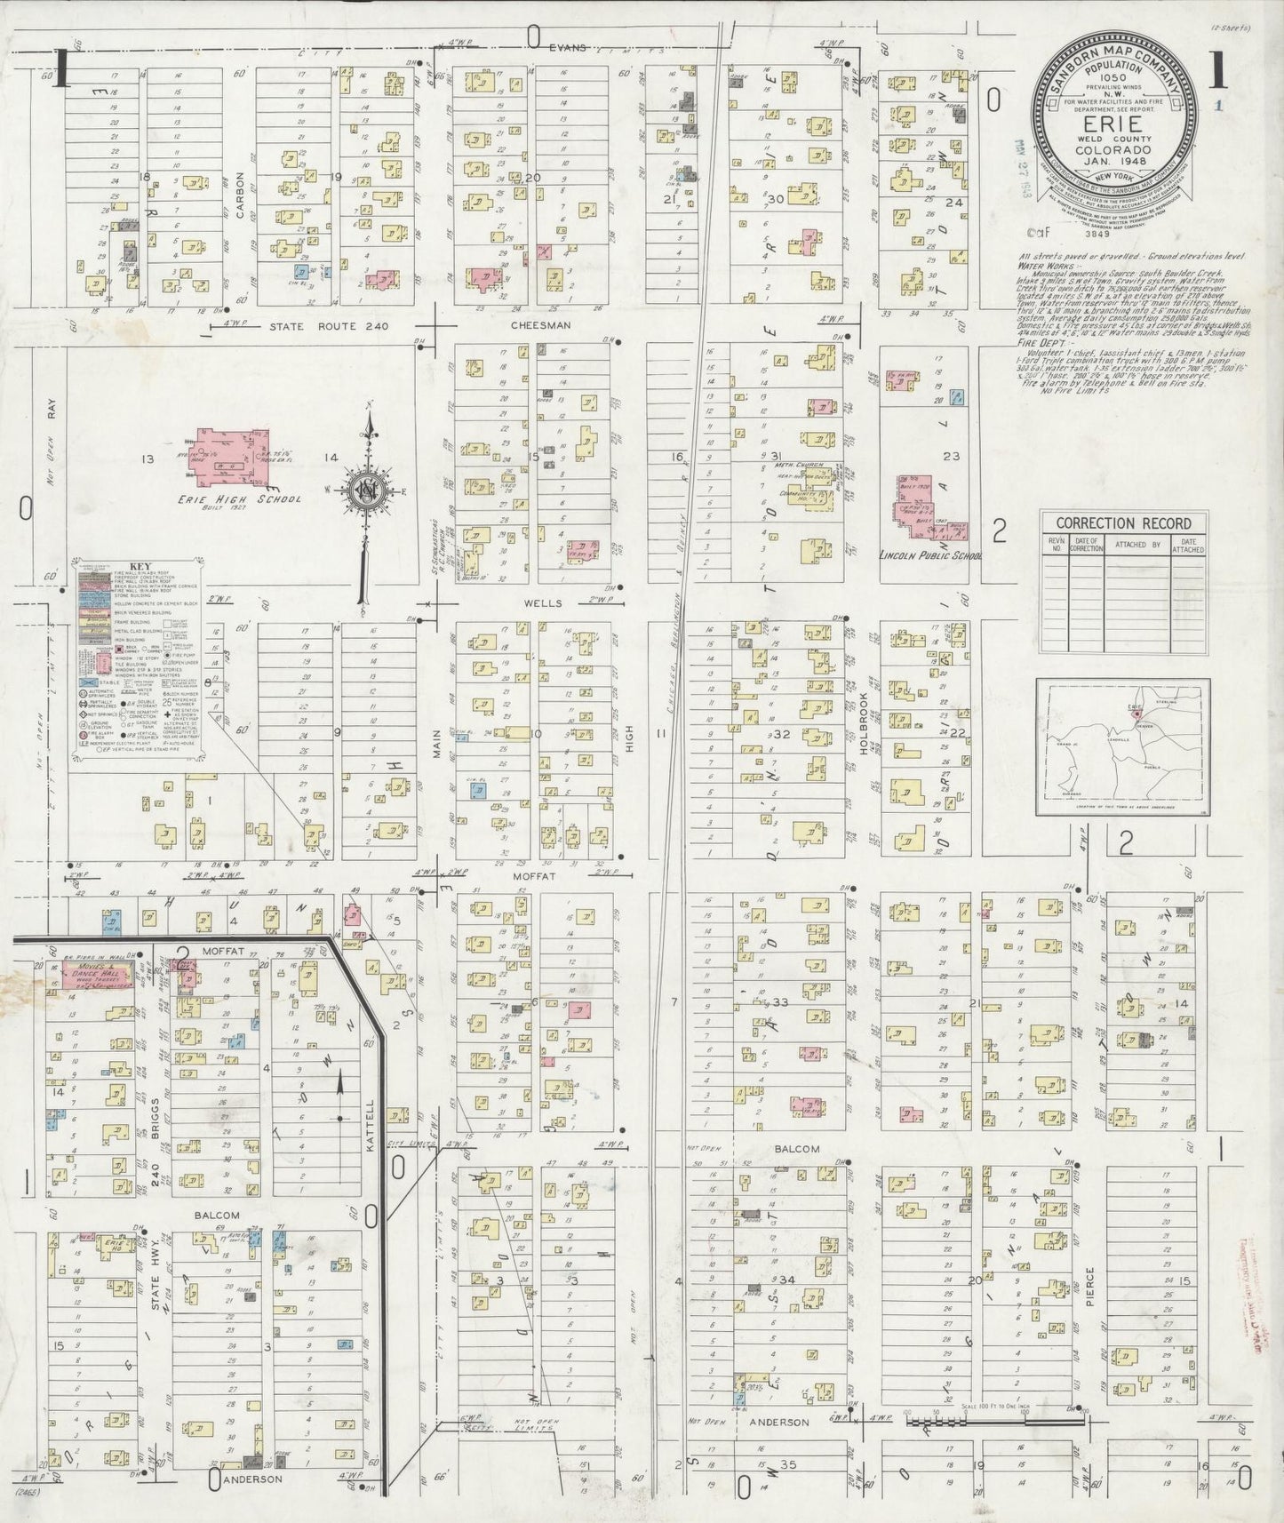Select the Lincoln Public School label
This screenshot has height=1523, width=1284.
pos(928,556)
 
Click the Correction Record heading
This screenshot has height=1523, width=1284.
pos(1124,522)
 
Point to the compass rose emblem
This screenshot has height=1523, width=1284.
pos(365,488)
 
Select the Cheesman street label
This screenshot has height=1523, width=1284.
pos(540,326)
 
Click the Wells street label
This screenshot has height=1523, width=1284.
pos(542,602)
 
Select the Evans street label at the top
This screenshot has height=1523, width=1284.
pos(568,48)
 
